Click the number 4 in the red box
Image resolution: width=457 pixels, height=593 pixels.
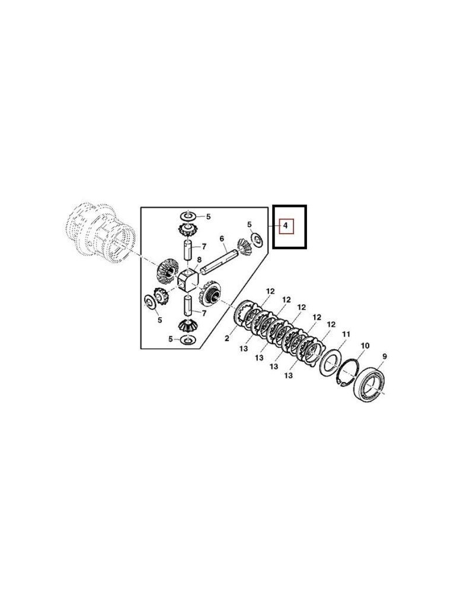click(286, 226)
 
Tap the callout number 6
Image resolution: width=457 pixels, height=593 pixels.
click(222, 238)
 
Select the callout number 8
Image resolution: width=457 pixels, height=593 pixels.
click(199, 260)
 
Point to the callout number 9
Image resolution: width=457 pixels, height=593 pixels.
click(385, 356)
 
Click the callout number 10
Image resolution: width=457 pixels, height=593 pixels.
click(365, 346)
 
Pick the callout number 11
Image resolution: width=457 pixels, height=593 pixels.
click(346, 334)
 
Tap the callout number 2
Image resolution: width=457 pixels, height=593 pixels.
click(227, 339)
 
